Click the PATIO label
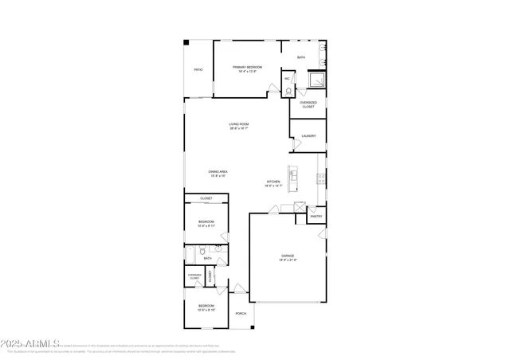pyautogui.click(x=198, y=70)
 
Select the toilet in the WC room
pyautogui.click(x=288, y=90)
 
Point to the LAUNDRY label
pyautogui.click(x=308, y=136)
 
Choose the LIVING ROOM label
pyautogui.click(x=239, y=126)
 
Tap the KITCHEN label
pyautogui.click(x=273, y=183)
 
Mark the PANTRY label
pyautogui.click(x=316, y=216)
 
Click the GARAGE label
pyautogui.click(x=288, y=257)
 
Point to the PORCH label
pyautogui.click(x=241, y=314)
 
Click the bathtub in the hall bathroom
pyautogui.click(x=191, y=255)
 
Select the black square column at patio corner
pyautogui.click(x=186, y=42)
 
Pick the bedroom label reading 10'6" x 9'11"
pyautogui.click(x=206, y=223)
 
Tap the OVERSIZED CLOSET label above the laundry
pyautogui.click(x=308, y=104)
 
